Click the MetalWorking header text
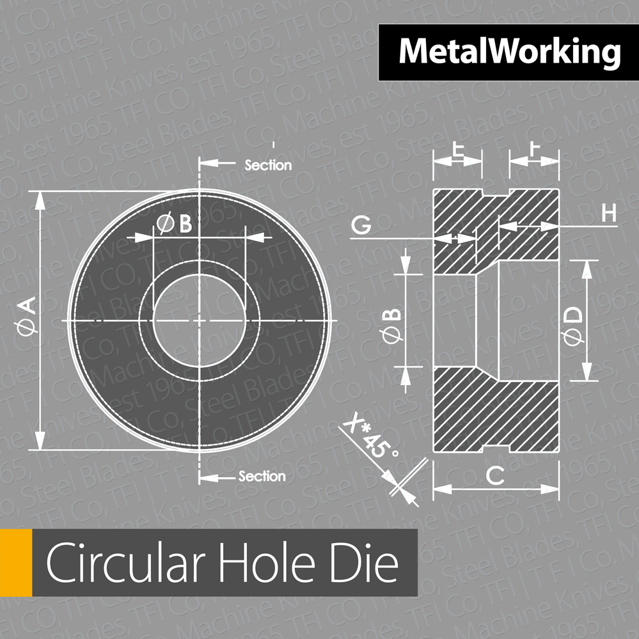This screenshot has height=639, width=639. pos(509,52)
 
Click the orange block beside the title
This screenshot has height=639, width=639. pos(16,563)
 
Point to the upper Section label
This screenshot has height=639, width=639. pos(268,166)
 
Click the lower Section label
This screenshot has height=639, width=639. pos(262,477)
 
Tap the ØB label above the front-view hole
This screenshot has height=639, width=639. pos(175,225)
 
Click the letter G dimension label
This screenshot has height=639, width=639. pos(361,225)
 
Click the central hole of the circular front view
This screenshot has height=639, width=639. pos(199,320)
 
